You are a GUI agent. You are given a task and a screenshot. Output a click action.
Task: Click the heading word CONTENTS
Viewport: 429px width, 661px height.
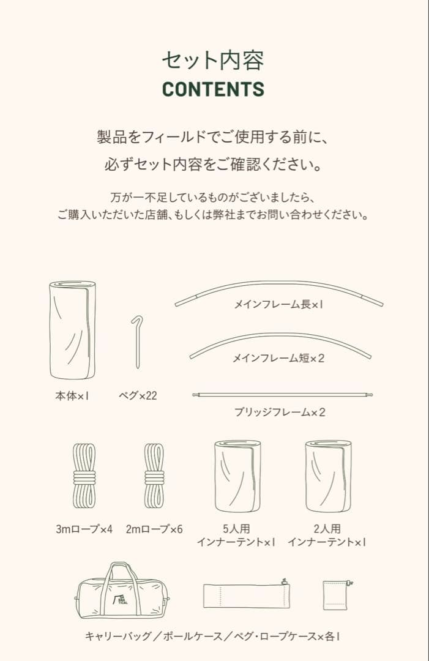coord(213,89)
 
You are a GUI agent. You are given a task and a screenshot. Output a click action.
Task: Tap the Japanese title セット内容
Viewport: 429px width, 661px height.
coord(213,60)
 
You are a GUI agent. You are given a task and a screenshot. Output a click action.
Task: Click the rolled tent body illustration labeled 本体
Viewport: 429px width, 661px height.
coord(72,330)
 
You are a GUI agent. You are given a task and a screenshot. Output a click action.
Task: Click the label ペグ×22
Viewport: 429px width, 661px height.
coord(138,396)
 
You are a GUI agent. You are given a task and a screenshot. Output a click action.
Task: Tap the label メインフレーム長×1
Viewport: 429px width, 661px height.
coord(278,304)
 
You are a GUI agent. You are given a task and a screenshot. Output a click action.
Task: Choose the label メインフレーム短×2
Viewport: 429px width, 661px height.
coord(278,358)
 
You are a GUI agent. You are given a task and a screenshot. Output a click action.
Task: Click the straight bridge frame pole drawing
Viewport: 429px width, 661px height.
coord(282,395)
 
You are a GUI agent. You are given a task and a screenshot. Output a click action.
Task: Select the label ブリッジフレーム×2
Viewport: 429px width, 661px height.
coord(280,412)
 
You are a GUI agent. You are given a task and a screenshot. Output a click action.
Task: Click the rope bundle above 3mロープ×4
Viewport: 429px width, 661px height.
coord(84,474)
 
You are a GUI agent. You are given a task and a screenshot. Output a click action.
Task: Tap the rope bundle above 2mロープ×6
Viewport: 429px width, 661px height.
coord(154,474)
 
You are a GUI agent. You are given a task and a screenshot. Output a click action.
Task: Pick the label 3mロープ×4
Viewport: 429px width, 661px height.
coord(84,529)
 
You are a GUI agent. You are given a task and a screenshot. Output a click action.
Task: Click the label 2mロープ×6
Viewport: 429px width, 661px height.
coord(154,529)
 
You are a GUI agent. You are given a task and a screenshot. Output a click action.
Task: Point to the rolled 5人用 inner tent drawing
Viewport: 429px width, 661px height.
coord(237,476)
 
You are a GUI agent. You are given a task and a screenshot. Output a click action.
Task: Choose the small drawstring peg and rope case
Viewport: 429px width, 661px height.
coord(337,595)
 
